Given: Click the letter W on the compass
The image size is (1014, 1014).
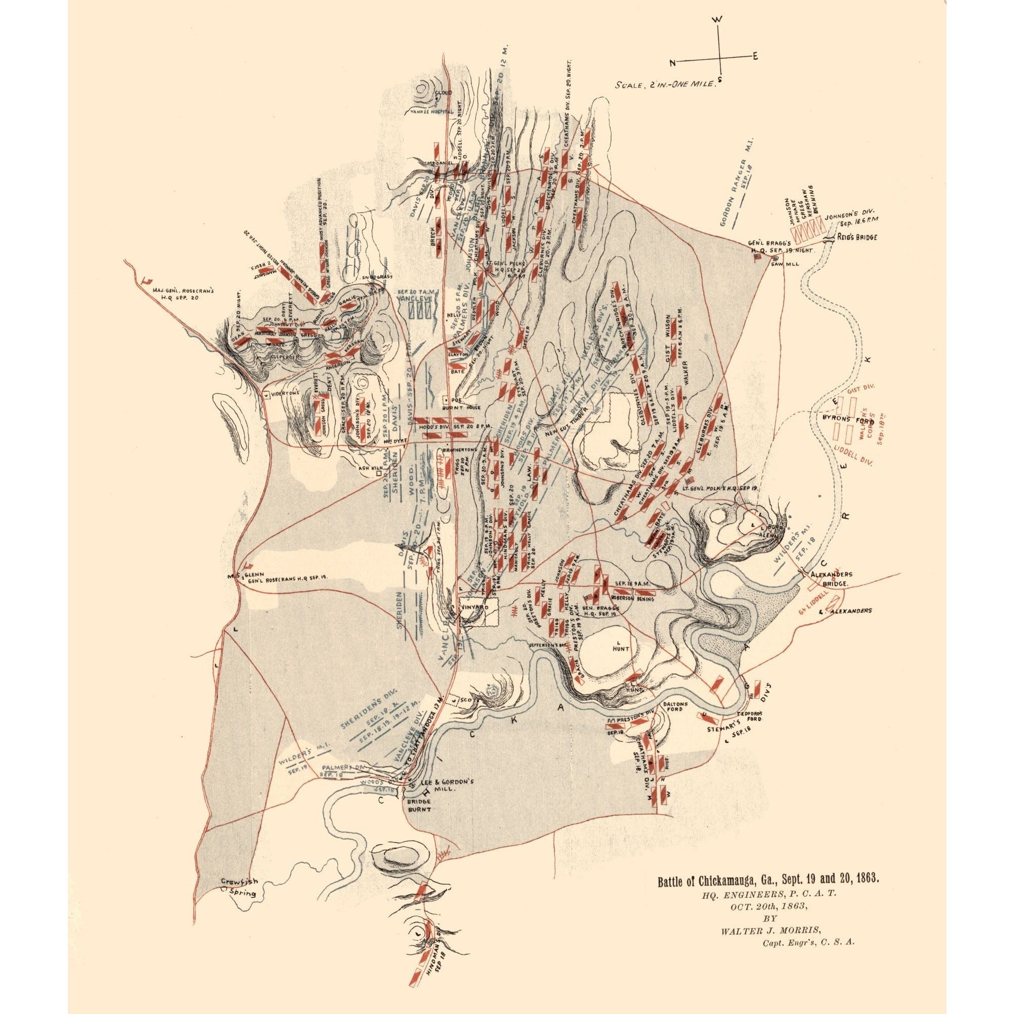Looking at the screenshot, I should (x=718, y=19).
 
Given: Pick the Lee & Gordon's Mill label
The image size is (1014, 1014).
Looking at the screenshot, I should (x=448, y=800).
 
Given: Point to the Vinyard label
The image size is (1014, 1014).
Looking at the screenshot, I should (x=476, y=606).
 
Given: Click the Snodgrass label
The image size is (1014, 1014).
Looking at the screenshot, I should (x=376, y=277).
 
